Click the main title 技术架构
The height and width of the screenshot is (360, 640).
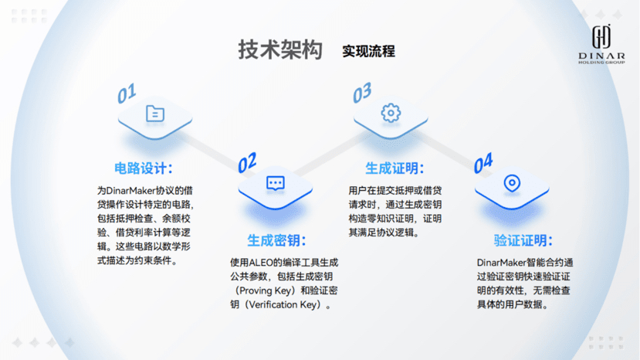[280, 50]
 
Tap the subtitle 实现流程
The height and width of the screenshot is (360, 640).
[368, 52]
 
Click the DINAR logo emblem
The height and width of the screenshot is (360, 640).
[601, 36]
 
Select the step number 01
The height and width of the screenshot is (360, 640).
[127, 93]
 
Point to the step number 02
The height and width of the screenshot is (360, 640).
[247, 163]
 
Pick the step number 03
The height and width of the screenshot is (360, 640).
[362, 93]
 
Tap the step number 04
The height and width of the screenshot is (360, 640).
[483, 163]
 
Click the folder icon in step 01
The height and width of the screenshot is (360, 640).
[155, 114]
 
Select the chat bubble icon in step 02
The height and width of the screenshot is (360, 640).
[276, 183]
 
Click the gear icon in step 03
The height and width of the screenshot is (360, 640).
[391, 113]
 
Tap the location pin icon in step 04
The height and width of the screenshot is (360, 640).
[512, 183]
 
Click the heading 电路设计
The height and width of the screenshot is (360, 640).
[144, 168]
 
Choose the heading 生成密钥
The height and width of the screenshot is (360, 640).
[276, 240]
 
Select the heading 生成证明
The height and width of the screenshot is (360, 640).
[394, 168]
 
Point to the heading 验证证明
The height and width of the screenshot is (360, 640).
[523, 240]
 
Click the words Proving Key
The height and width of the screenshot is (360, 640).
[266, 290]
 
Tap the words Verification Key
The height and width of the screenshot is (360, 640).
[283, 304]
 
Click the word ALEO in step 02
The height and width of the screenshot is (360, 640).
[261, 263]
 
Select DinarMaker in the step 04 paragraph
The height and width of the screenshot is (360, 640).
[501, 263]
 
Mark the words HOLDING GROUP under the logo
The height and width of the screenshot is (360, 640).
[601, 62]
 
